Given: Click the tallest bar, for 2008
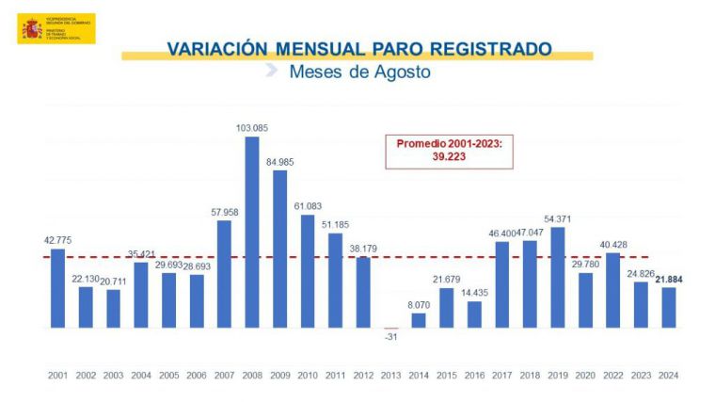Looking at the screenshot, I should [252, 233].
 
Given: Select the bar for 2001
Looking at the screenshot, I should [57, 288].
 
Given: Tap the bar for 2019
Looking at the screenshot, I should [558, 278].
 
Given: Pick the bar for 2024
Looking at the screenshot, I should [669, 307].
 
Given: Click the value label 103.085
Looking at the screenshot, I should [252, 127].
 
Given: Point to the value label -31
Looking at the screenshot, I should [390, 335].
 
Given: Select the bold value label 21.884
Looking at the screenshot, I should [669, 278].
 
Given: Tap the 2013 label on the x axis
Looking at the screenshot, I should [390, 375].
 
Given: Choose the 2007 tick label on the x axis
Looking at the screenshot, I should [224, 375].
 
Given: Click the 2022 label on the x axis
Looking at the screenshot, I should [613, 375].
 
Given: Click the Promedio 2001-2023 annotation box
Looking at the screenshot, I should [449, 152].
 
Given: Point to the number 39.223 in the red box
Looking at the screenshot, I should [449, 158].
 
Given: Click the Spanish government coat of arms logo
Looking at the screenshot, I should [31, 29].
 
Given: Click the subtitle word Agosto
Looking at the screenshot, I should [402, 72].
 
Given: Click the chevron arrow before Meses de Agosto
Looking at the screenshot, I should [271, 71].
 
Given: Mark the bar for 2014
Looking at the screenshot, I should [419, 320].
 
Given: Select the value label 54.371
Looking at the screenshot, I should [558, 218].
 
